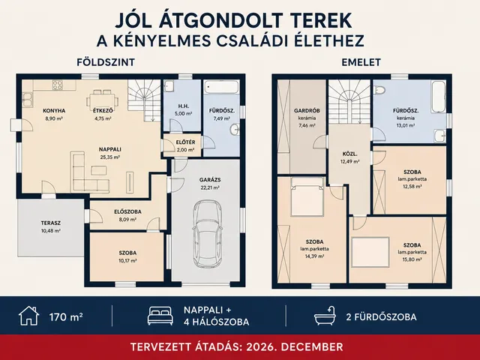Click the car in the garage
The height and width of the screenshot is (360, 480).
[x=207, y=233]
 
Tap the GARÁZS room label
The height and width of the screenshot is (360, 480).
[x=210, y=180]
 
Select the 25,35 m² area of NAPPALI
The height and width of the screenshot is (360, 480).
[x=110, y=157]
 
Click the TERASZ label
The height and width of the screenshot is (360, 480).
[x=51, y=223]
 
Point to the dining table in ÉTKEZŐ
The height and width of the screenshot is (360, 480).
[x=102, y=99]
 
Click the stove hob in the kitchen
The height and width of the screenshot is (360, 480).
[x=58, y=85]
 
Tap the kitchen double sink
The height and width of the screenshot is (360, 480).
[x=27, y=100]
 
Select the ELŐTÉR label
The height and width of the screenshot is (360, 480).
[x=185, y=142]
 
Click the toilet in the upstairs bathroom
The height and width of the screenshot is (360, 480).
[x=379, y=90]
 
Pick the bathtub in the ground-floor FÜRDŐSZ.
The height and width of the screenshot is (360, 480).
[x=221, y=87]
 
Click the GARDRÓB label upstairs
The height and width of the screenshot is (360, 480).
[x=307, y=110]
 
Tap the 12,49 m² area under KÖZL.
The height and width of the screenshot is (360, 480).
[x=349, y=162]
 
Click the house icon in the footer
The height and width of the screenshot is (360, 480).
[x=28, y=316]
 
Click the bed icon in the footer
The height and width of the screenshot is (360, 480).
[x=160, y=316]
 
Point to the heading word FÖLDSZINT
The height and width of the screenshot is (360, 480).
[x=106, y=62]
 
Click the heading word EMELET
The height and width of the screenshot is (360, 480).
[x=361, y=62]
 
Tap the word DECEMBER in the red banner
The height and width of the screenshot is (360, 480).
[x=312, y=346]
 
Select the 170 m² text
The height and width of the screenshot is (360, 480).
[x=66, y=316]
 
